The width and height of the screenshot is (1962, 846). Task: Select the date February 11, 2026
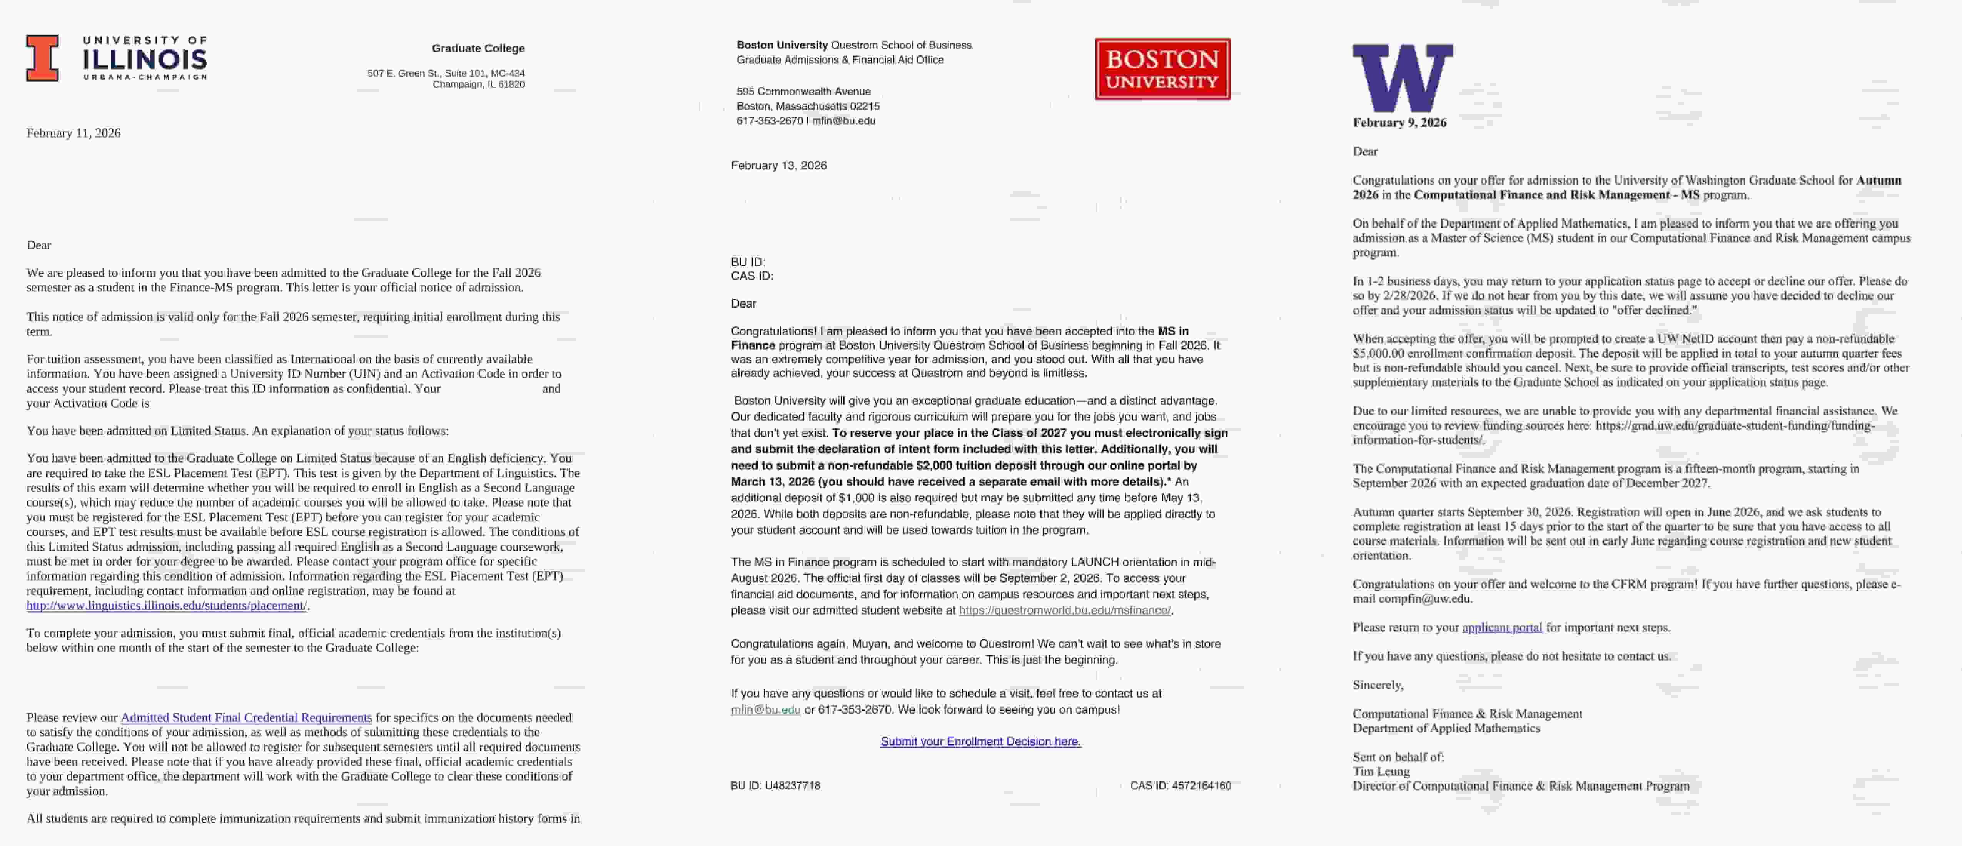click(x=73, y=133)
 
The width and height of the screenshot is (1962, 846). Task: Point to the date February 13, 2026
click(x=778, y=165)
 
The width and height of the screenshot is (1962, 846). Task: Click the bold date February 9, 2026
click(x=1399, y=123)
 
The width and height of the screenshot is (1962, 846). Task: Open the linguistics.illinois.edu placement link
click(x=167, y=605)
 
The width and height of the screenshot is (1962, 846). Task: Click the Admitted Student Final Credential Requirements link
click(x=246, y=717)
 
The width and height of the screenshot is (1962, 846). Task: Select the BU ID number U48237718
click(x=792, y=785)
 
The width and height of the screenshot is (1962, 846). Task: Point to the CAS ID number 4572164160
click(x=1201, y=785)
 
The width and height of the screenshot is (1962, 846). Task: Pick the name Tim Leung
click(x=1381, y=771)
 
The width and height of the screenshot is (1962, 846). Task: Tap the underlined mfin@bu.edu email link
click(x=765, y=710)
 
